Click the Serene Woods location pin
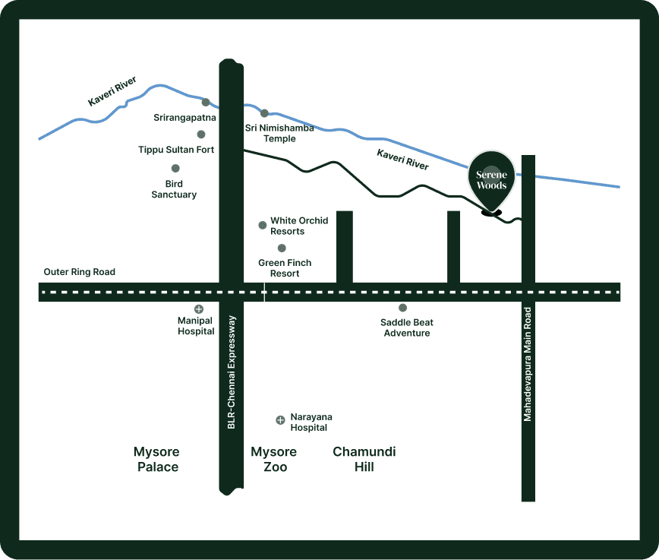(x=491, y=180)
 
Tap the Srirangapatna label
(x=184, y=118)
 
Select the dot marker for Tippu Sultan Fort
(x=201, y=134)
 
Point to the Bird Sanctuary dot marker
(x=175, y=168)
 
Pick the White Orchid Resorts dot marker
(x=263, y=225)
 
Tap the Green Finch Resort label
(x=285, y=268)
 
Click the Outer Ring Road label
(x=79, y=272)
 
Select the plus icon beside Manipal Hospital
(x=199, y=309)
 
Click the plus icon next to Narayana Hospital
(x=280, y=419)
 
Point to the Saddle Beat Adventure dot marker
(x=403, y=308)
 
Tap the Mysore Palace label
(x=158, y=459)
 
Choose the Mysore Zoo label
(x=274, y=459)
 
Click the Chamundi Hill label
(x=364, y=459)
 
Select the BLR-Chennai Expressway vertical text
(x=232, y=372)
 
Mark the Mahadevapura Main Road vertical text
(x=528, y=364)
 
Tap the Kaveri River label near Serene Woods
(x=402, y=160)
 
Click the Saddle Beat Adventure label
(x=407, y=327)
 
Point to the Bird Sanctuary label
(x=174, y=189)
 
